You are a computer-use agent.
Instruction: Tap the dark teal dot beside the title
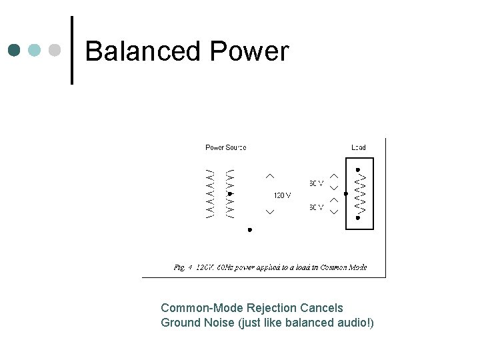tap(14, 50)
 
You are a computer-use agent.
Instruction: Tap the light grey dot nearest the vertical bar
tap(57, 50)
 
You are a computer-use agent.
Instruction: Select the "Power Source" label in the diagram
tap(225, 147)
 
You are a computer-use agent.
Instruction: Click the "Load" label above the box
tap(359, 147)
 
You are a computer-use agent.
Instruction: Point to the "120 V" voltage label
tap(282, 195)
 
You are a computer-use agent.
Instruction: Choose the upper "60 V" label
tap(316, 183)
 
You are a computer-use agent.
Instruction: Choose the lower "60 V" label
tap(316, 207)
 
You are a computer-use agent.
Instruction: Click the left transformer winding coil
tap(210, 193)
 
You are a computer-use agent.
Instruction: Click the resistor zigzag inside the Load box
tap(360, 193)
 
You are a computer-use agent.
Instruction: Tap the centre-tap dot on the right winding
tap(229, 194)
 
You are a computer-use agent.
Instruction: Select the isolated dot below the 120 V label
tap(249, 229)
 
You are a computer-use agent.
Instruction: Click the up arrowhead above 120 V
tap(270, 175)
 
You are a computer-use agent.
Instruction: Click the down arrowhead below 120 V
tap(270, 212)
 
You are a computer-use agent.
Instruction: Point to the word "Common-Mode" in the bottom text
tap(201, 308)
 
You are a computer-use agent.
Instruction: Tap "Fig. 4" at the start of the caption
tap(183, 267)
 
